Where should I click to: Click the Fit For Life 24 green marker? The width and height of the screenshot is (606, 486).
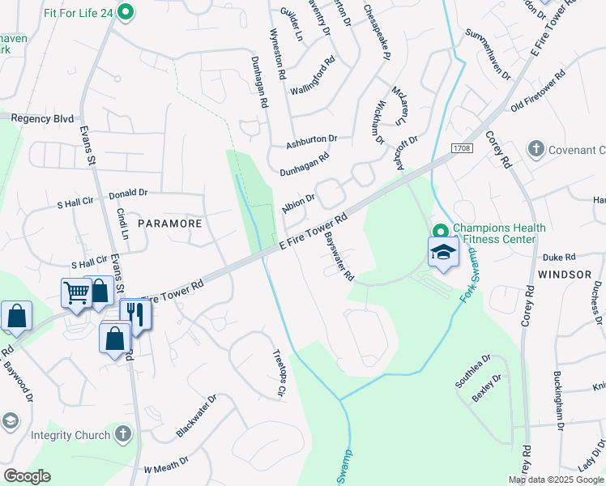(x=125, y=11)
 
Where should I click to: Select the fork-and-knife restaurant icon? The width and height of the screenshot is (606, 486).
(x=135, y=313)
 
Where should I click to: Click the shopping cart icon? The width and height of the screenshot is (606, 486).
(x=76, y=292)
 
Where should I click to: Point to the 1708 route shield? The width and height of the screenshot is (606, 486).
(x=463, y=147)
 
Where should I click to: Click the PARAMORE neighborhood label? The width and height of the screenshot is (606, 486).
(x=168, y=222)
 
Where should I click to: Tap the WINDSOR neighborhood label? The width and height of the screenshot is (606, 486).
(x=564, y=275)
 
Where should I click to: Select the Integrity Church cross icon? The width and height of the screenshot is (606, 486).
(x=122, y=435)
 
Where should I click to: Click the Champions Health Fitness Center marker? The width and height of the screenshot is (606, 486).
(x=441, y=231)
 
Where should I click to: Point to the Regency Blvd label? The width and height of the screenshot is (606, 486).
(x=43, y=118)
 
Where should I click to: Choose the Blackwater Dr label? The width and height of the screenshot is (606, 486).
(x=197, y=417)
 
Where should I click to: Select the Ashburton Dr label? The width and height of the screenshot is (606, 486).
(x=311, y=143)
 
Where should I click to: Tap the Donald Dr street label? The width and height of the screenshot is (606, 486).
(x=128, y=194)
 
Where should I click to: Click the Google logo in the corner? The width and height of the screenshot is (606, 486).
(x=27, y=475)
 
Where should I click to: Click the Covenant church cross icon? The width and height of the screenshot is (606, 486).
(x=536, y=149)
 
